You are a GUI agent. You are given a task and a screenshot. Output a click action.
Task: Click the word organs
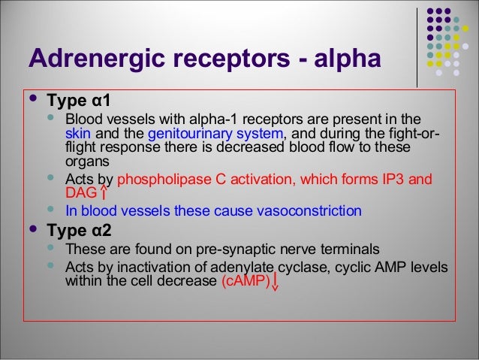tap(87, 160)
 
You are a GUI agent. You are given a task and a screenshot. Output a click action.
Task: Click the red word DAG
tap(81, 193)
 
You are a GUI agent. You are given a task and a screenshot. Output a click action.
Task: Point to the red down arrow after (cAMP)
tap(276, 282)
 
